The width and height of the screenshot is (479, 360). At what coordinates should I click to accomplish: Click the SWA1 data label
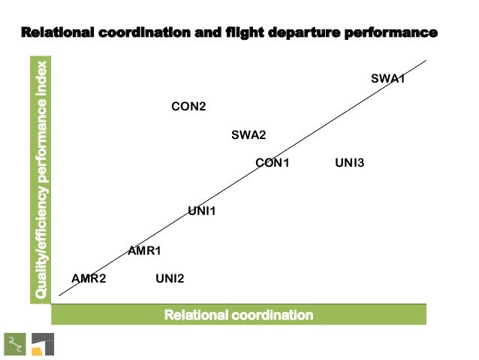point(388,78)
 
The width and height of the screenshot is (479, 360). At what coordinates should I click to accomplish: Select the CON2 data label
point(188,107)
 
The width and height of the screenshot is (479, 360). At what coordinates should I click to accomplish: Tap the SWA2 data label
point(249,135)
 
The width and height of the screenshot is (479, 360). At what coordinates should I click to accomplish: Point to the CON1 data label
point(272,162)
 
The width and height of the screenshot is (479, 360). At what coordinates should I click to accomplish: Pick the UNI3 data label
point(349,162)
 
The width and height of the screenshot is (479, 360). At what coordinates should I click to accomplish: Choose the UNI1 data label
point(201,211)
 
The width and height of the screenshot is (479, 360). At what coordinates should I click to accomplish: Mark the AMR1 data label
point(145,250)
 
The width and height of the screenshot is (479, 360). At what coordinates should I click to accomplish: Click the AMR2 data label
point(89,279)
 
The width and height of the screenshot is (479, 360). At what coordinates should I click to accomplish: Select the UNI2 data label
point(170,279)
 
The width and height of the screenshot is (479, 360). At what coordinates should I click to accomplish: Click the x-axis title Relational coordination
point(239,314)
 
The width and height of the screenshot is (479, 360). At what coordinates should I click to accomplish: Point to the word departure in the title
point(298,33)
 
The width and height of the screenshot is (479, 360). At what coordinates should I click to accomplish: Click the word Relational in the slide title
point(56,33)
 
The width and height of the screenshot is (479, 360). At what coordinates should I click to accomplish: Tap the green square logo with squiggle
point(14,343)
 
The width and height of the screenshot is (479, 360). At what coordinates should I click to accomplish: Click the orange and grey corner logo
point(42,343)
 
